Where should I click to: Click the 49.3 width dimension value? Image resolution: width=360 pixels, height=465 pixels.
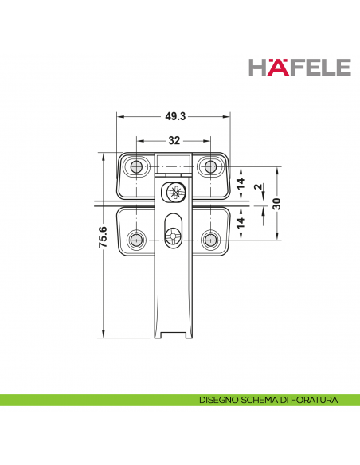tap(175, 116)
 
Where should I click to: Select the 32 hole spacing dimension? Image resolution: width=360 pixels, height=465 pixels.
tap(173, 140)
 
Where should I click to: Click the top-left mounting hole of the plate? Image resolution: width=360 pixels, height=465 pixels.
tap(137, 166)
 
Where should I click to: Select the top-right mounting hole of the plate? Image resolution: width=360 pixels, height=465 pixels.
tap(210, 166)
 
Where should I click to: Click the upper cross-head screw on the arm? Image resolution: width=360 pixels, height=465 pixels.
tap(174, 191)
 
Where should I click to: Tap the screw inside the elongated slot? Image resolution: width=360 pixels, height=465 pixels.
tap(174, 236)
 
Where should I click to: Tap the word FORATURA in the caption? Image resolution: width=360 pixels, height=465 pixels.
tap(316, 400)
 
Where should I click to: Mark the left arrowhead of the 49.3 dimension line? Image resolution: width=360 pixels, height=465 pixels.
tap(120, 115)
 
